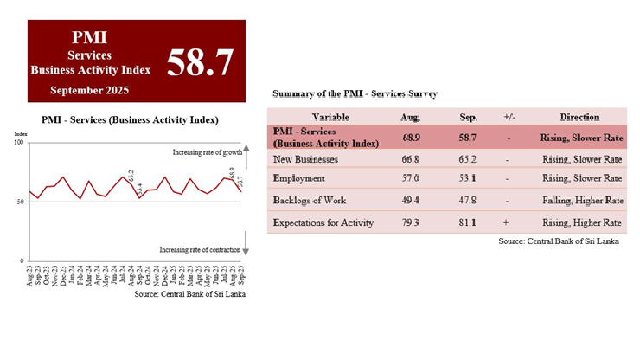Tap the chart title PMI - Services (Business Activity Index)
129,119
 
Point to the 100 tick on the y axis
19,142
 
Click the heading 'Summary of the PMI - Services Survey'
355,93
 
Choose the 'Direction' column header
579,117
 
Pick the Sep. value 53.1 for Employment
470,179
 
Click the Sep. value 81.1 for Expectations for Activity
470,222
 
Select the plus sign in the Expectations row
508,222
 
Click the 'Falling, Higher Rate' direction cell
579,201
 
